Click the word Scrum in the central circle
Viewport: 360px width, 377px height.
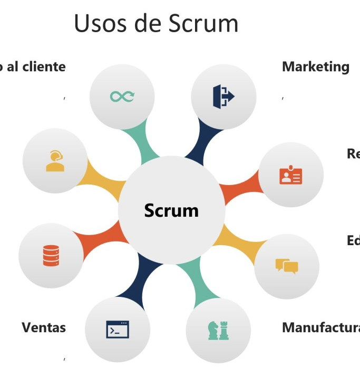[171, 210]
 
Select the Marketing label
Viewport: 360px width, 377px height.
[315, 67]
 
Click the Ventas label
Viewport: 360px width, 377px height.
[44, 327]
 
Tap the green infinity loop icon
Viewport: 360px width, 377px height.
[122, 96]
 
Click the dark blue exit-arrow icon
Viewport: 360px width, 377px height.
[223, 95]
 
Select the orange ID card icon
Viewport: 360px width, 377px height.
[290, 176]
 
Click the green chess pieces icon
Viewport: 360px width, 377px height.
[218, 330]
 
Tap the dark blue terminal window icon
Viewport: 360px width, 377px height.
[118, 330]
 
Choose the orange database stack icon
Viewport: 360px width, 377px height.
[51, 256]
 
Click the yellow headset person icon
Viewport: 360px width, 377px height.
[55, 161]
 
